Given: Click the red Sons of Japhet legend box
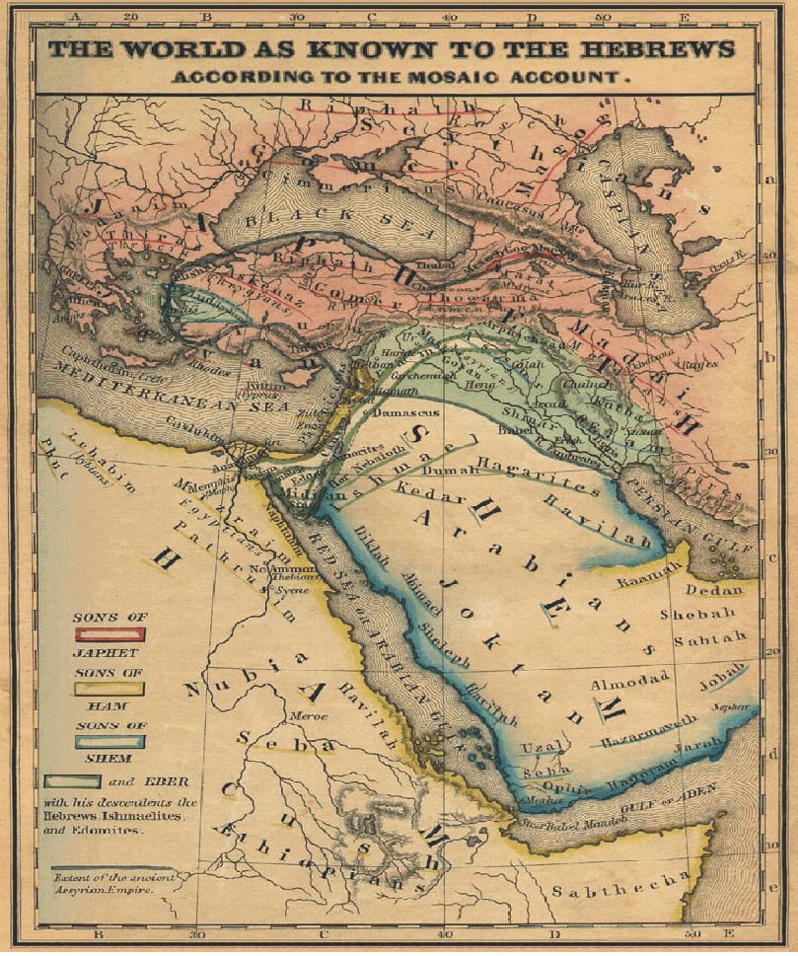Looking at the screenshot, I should point(109,633).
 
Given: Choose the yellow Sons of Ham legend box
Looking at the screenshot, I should point(109,689).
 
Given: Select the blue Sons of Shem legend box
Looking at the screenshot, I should point(109,741).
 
